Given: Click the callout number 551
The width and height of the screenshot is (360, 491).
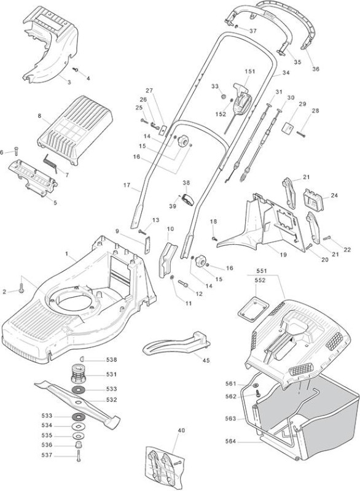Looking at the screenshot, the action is (261, 271).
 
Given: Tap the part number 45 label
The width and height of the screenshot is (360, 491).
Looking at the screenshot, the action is (206, 360).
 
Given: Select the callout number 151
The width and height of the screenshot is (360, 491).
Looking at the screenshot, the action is (249, 71).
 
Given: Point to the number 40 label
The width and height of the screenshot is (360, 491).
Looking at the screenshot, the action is (181, 430).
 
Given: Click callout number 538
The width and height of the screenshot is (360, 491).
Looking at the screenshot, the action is (111, 360).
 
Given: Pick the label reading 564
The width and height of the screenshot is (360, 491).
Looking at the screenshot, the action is (231, 441).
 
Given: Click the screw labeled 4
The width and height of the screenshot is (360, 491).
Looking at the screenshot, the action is (75, 69).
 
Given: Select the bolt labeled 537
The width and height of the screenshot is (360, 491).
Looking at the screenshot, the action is (78, 456).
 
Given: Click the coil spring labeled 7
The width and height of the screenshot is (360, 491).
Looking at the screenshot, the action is (50, 163).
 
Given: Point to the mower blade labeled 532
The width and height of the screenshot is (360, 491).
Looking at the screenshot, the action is (77, 401).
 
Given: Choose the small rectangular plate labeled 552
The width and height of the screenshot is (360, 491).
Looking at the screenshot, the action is (254, 309).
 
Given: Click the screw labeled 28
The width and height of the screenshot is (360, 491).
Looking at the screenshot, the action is (301, 134).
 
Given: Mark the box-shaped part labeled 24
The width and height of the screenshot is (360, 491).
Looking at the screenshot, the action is (312, 200).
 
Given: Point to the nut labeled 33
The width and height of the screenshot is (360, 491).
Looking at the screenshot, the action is (224, 96).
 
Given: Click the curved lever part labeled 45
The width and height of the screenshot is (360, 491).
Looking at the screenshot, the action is (176, 343).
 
